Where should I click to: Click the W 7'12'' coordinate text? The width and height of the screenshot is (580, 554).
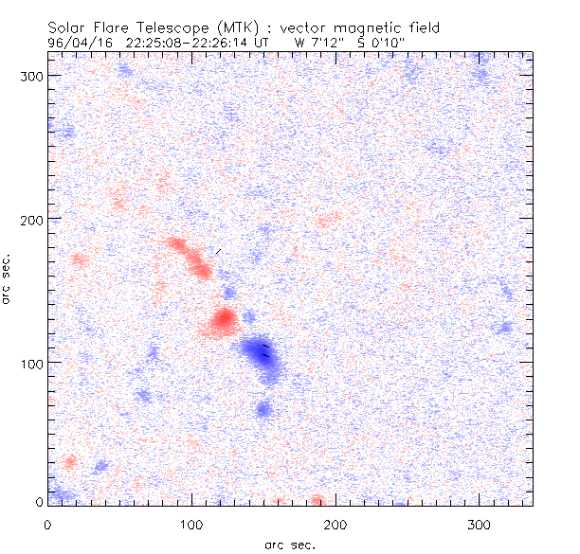[x=315, y=43]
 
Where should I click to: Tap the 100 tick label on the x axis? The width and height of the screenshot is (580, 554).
[x=191, y=524]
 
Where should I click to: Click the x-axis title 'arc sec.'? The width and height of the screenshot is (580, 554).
[x=290, y=545]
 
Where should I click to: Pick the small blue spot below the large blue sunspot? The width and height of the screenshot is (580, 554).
[x=263, y=409]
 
